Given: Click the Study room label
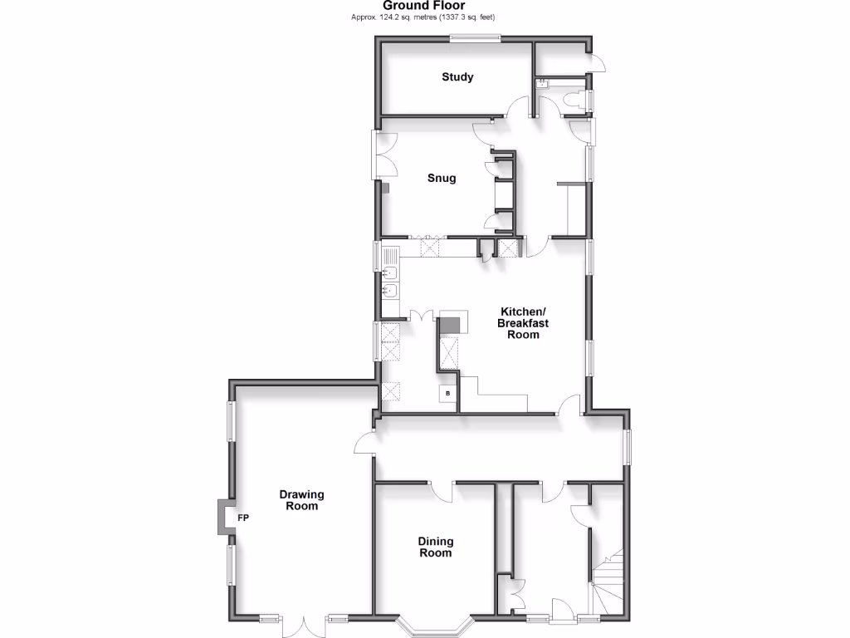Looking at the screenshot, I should tap(457, 77).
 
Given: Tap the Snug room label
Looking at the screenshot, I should tap(442, 178).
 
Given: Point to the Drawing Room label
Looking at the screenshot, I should tap(301, 499).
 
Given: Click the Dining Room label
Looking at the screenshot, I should tap(436, 547).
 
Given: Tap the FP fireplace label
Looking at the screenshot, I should tap(244, 518).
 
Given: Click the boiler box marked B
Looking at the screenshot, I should tap(448, 393).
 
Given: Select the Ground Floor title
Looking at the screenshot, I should tap(424, 6).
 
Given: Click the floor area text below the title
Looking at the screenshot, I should tap(424, 17).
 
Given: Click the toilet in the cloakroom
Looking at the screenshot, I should tap(574, 101).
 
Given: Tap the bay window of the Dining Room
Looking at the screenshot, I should tap(435, 625).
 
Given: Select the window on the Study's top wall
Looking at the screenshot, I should tap(476, 37).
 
